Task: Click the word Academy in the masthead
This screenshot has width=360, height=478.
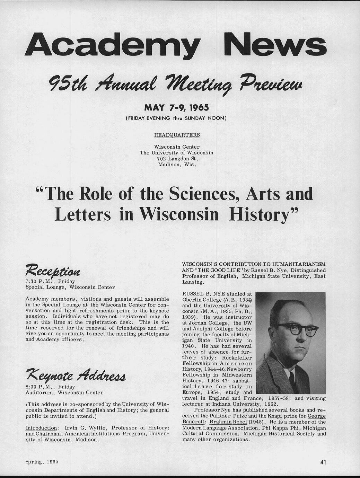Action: point(113,45)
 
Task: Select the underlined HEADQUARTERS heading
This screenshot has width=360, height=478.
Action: point(177,135)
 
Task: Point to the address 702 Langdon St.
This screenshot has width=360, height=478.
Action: point(177,159)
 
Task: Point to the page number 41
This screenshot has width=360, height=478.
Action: point(323,462)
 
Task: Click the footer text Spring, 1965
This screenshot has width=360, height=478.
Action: point(41,462)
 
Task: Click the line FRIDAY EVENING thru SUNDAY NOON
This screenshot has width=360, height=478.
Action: point(176,118)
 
